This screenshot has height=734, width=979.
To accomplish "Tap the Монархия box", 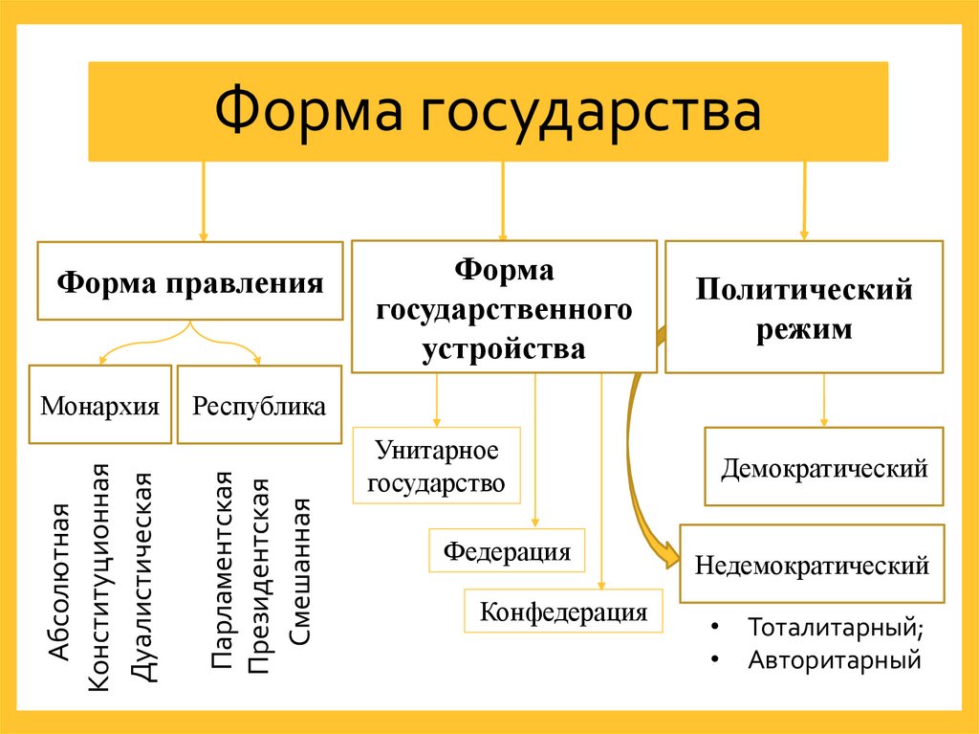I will [x=99, y=405].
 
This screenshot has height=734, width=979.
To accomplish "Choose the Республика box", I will [x=259, y=405].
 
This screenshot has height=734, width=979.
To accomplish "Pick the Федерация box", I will [x=507, y=551].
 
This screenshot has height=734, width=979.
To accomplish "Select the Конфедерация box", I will [x=563, y=611].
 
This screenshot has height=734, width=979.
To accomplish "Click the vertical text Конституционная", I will [x=99, y=574].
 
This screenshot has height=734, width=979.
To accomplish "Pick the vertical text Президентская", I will [x=260, y=573].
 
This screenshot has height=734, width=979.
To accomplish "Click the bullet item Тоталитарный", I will [x=836, y=629].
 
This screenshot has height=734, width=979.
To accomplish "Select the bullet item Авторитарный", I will [x=834, y=659].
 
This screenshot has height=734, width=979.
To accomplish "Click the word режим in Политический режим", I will [x=803, y=330].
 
